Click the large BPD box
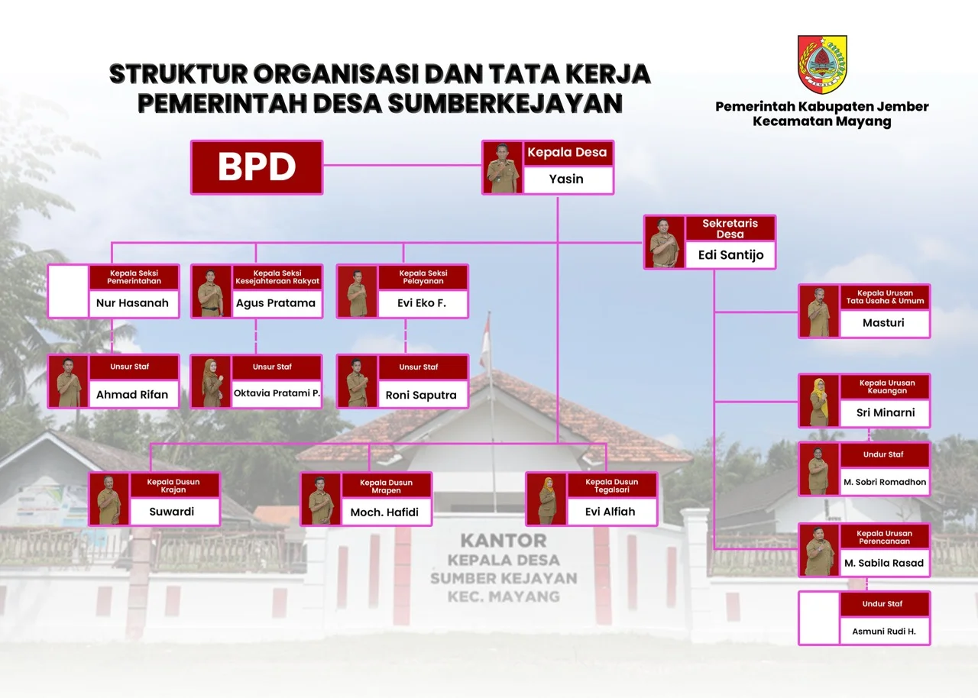pyautogui.click(x=257, y=167)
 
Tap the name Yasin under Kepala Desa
pyautogui.click(x=566, y=179)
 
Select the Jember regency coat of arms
pyautogui.click(x=822, y=65)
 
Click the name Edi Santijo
pyautogui.click(x=731, y=255)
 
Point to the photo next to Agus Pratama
pyautogui.click(x=212, y=292)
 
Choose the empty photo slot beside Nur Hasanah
pyautogui.click(x=69, y=292)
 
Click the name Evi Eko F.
pyautogui.click(x=422, y=303)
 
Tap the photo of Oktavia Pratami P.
pyautogui.click(x=212, y=382)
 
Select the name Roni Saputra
pyautogui.click(x=421, y=395)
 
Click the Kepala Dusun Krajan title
pyautogui.click(x=173, y=486)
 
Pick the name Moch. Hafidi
pyautogui.click(x=384, y=512)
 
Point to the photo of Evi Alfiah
pyautogui.click(x=546, y=499)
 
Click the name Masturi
pyautogui.click(x=883, y=323)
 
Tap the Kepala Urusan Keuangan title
pyautogui.click(x=887, y=386)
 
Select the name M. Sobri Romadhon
pyautogui.click(x=885, y=482)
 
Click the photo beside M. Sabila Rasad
pyautogui.click(x=819, y=550)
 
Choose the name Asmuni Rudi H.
pyautogui.click(x=884, y=632)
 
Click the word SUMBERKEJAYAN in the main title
pyautogui.click(x=505, y=103)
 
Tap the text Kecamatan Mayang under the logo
pyautogui.click(x=822, y=121)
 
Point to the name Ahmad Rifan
pyautogui.click(x=132, y=395)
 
